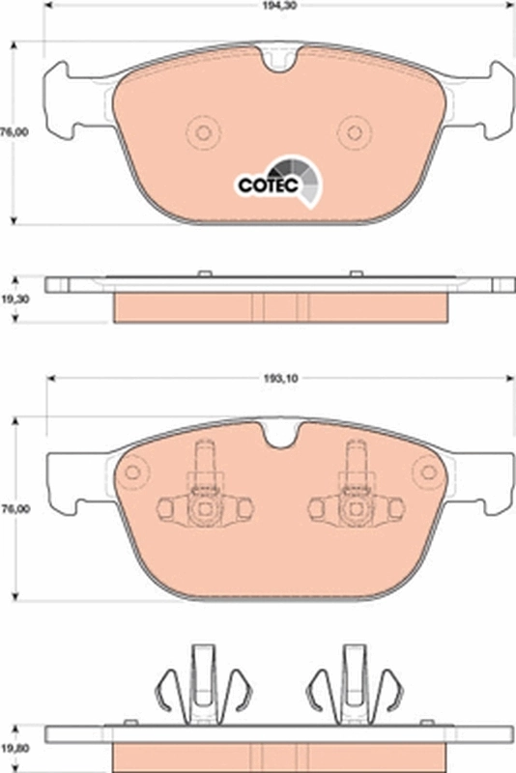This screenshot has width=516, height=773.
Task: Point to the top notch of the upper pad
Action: tap(281, 60)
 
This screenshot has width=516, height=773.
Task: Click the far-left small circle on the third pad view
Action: tap(133, 472)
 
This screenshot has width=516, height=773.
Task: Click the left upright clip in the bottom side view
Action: tap(202, 686)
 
